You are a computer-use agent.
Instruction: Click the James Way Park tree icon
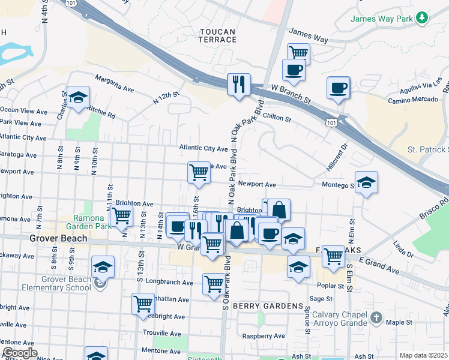pos(423,19)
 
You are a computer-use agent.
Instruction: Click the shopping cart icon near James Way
pos(298,53)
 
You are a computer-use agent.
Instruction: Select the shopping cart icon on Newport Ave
pos(199,172)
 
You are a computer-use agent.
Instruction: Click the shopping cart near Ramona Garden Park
pos(122,215)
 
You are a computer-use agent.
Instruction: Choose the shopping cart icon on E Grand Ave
pos(333,256)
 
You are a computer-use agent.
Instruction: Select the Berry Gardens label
pos(268,306)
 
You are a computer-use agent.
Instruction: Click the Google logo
pos(20,353)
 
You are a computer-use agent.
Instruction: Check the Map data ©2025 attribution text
pos(423,355)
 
